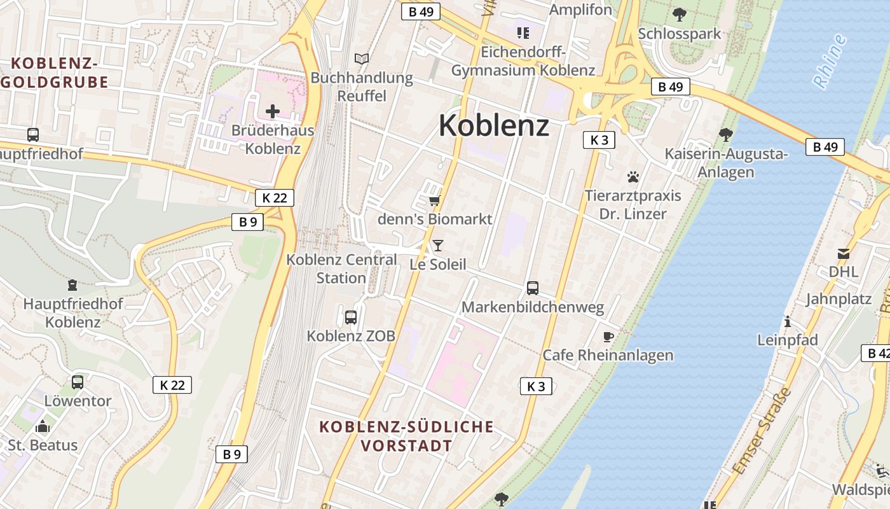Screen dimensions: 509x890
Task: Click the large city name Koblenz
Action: click(x=494, y=125)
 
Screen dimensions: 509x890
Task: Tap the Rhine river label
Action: click(x=830, y=61)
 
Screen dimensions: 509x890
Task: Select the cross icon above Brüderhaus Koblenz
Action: click(x=273, y=112)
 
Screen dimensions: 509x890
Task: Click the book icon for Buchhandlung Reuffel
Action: click(x=362, y=59)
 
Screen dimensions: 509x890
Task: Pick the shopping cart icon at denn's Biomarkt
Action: click(x=434, y=201)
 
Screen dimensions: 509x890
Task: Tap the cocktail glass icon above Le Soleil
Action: click(x=437, y=245)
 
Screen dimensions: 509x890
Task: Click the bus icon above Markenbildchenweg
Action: click(x=533, y=288)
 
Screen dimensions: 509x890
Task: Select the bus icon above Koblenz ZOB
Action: click(x=351, y=317)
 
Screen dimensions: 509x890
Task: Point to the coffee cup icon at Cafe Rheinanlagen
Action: click(x=608, y=337)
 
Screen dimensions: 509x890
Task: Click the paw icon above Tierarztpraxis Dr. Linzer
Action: click(x=633, y=177)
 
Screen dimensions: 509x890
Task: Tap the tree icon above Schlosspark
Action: click(x=680, y=14)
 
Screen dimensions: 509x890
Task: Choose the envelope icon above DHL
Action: click(x=844, y=254)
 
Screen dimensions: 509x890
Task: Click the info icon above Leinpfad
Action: click(x=788, y=321)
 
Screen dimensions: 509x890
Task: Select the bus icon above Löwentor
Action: click(x=78, y=382)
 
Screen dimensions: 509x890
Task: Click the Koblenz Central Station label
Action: click(x=341, y=268)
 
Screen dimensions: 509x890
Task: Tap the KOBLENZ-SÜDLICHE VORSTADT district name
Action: click(x=406, y=436)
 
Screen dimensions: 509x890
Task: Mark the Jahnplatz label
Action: click(x=839, y=299)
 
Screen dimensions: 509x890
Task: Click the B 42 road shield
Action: click(x=877, y=353)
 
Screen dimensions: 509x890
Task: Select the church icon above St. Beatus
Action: click(x=43, y=426)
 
